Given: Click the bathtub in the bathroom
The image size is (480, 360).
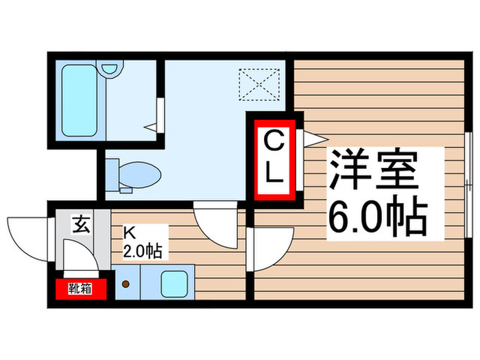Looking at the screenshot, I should click(78, 100).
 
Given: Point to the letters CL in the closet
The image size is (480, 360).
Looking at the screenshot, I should click(273, 158).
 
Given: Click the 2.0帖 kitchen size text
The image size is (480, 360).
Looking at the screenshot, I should click(142, 252).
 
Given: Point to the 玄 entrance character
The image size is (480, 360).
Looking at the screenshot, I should click(82, 224).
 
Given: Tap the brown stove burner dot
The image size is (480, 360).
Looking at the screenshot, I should click(125, 282).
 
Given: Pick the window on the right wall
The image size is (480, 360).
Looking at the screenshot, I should click(468, 167).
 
